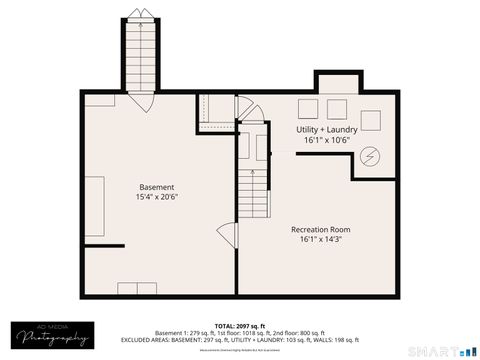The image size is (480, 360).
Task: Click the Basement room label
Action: coord(156,187)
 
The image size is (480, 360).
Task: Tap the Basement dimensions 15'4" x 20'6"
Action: coord(156,198)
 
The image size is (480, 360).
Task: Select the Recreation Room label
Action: coord(320,229)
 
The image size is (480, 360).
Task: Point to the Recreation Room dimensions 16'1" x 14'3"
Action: coord(320,240)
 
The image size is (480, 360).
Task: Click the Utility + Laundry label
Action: coord(328,130)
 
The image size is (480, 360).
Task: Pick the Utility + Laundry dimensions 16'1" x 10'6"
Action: coord(328,141)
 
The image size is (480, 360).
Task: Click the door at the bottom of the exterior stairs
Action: coord(138,100)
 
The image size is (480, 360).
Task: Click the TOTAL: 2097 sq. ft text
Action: coord(239,326)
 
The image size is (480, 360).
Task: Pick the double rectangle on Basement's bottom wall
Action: coord(137,289)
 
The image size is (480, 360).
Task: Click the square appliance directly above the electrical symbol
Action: coord(371,120)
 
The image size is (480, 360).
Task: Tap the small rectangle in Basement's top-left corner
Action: coord(99,99)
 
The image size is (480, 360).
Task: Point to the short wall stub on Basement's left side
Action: coord(103,245)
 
